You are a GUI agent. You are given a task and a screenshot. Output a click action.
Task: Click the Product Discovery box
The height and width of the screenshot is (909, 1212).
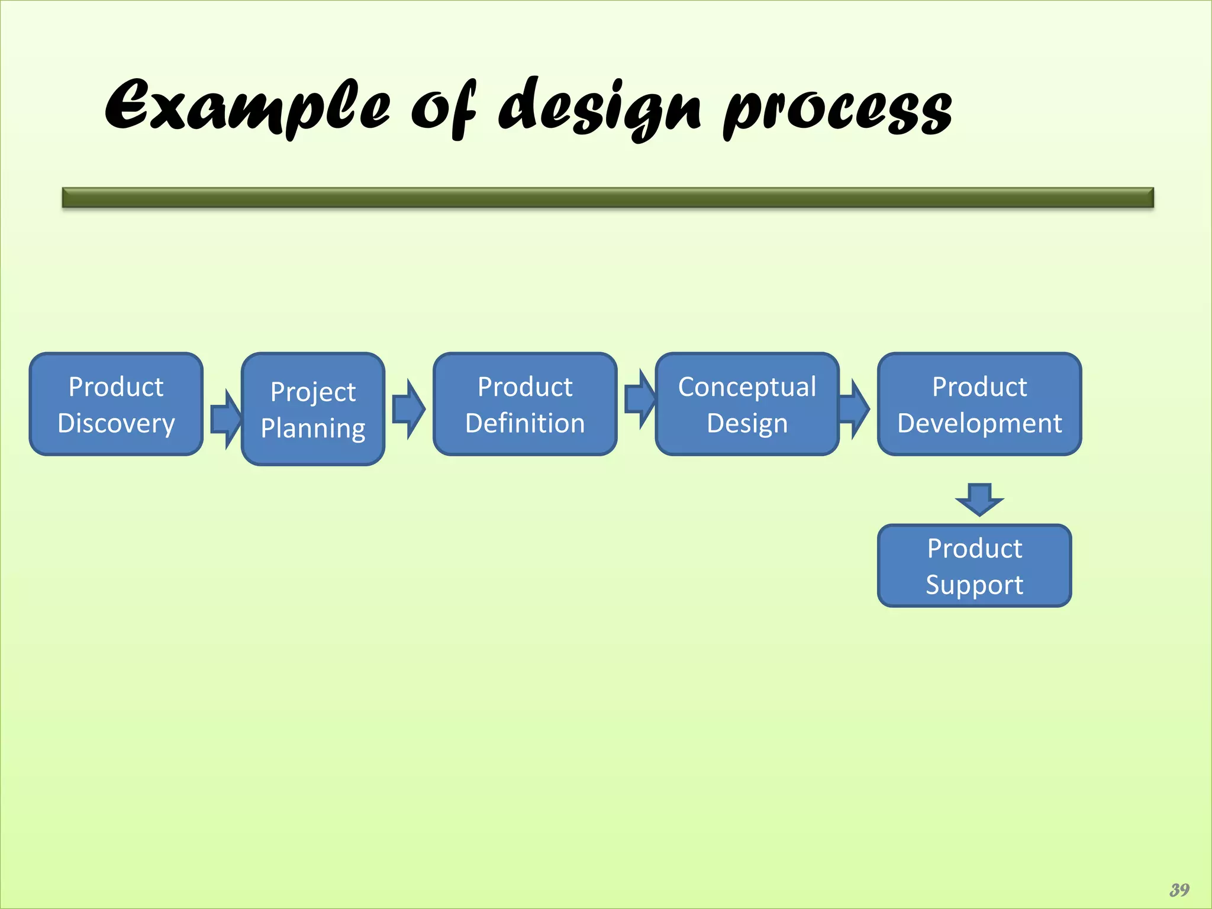pyautogui.click(x=116, y=404)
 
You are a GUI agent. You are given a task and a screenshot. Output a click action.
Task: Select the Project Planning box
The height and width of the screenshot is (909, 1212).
pyautogui.click(x=313, y=409)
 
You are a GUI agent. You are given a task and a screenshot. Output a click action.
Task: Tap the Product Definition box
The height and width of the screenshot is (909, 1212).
pyautogui.click(x=525, y=404)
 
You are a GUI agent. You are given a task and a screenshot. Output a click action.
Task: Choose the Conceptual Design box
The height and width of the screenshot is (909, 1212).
pyautogui.click(x=747, y=404)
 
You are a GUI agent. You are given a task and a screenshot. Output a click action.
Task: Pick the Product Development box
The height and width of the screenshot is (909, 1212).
pyautogui.click(x=979, y=404)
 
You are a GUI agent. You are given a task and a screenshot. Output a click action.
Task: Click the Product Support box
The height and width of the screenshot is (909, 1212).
pyautogui.click(x=974, y=566)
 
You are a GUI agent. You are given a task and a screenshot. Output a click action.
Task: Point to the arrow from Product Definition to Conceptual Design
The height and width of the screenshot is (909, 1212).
pyautogui.click(x=640, y=399)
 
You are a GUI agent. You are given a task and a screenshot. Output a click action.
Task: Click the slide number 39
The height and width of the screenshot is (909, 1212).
pyautogui.click(x=1179, y=889)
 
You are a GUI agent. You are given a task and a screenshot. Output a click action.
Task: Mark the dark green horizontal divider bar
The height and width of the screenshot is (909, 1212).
pyautogui.click(x=608, y=198)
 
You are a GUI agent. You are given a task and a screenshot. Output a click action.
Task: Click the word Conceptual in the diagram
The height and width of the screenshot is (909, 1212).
pyautogui.click(x=747, y=387)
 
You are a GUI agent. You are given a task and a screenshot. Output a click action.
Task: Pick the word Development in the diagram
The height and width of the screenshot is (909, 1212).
pyautogui.click(x=979, y=424)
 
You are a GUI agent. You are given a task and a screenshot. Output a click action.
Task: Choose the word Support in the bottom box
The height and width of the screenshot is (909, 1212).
pyautogui.click(x=974, y=585)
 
